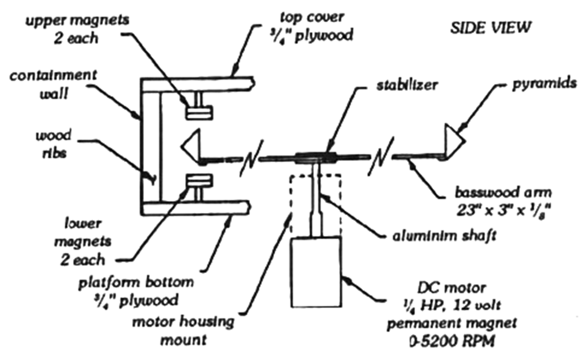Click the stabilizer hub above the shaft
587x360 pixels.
click(316, 159)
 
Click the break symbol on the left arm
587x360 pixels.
click(248, 159)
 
